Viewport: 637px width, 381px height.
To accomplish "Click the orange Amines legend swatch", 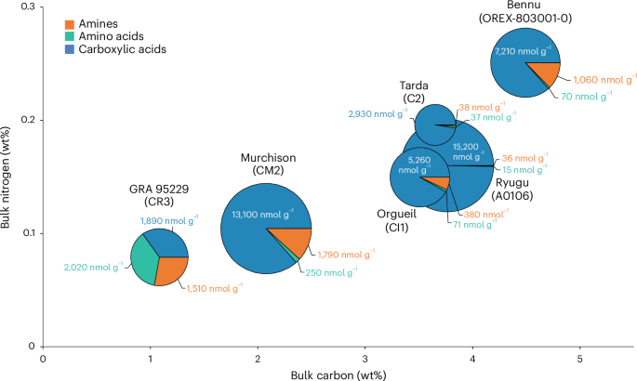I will [x=71, y=20].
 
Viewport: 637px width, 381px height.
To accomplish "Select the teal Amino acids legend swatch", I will [x=71, y=34].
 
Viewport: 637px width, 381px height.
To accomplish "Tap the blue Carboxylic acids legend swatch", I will [x=71, y=48].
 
